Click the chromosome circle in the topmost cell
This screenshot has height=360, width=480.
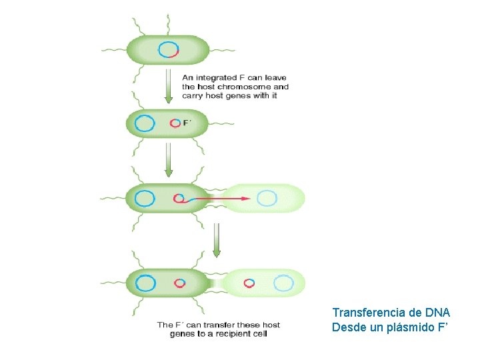[x=169, y=49]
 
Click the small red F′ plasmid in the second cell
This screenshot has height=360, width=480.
[x=175, y=123]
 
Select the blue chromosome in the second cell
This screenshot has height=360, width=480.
[x=145, y=123]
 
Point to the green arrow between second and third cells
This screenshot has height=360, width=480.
[x=169, y=159]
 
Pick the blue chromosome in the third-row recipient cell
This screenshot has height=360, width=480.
[x=267, y=198]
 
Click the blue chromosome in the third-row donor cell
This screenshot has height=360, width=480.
[x=145, y=198]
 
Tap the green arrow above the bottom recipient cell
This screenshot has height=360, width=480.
[x=216, y=240]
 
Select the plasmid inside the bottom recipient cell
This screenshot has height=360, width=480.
[x=249, y=283]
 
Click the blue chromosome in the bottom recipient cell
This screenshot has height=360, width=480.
[x=284, y=283]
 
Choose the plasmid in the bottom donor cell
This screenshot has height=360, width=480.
[x=179, y=283]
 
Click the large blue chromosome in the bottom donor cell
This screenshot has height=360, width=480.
[x=145, y=283]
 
